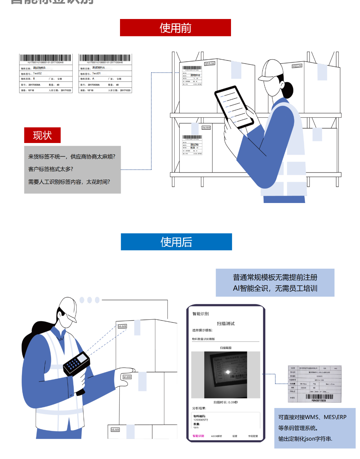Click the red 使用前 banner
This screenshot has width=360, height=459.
(175, 28)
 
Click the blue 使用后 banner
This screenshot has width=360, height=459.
(176, 242)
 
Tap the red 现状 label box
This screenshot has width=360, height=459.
(42, 135)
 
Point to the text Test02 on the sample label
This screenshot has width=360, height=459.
(37, 73)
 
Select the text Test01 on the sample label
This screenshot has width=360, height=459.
(96, 73)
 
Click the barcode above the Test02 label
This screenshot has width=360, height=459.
(46, 58)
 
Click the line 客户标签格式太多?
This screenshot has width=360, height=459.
(51, 169)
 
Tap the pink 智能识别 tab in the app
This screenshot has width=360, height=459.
(198, 436)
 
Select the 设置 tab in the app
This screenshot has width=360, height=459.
(235, 436)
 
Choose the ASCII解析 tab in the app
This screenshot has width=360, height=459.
(216, 436)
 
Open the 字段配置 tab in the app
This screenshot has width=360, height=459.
(253, 436)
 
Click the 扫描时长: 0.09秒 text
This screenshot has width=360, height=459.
(226, 402)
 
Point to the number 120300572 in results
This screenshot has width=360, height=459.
(201, 420)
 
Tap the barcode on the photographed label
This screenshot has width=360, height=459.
(319, 397)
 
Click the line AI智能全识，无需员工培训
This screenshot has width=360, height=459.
(275, 288)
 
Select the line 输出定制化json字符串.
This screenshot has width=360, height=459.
(305, 439)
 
